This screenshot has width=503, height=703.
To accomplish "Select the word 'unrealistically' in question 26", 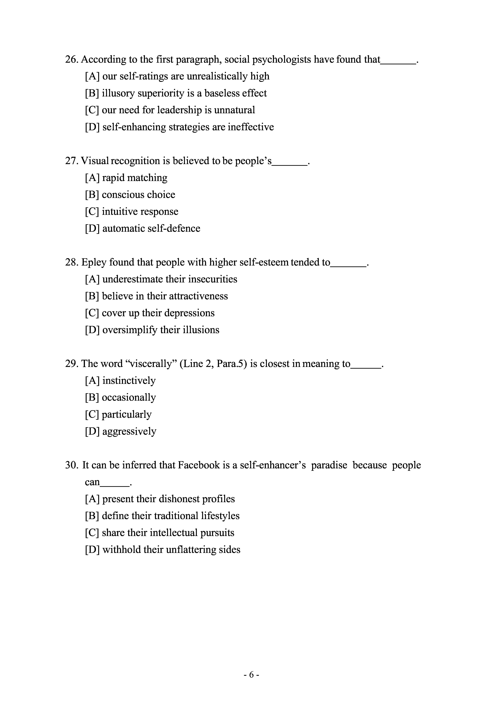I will tap(217, 76).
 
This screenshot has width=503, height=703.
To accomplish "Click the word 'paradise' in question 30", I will tap(329, 465).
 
